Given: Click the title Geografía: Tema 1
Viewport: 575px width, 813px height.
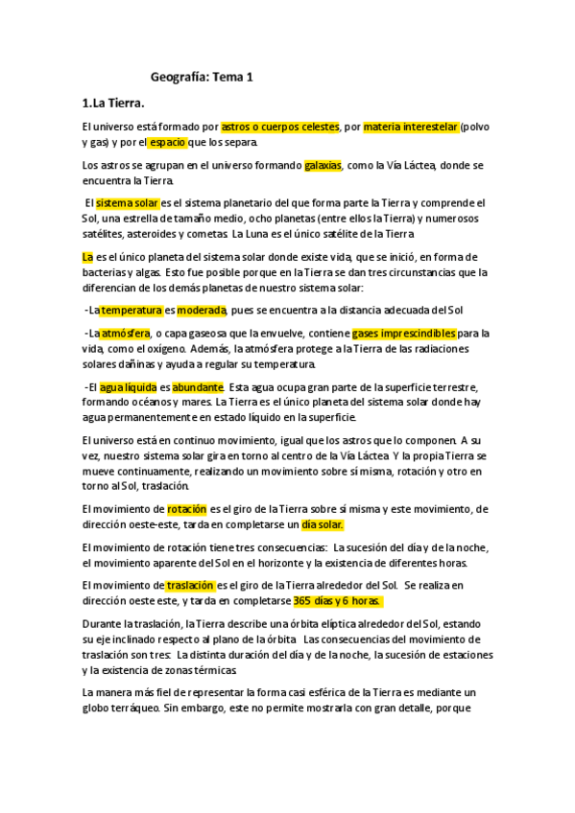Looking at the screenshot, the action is (202, 77).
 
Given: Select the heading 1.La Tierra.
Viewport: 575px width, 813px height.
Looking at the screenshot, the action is (113, 103).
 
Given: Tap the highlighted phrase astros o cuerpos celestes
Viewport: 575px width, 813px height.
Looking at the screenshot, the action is (280, 127).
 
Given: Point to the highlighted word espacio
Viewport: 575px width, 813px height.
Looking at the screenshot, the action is (168, 143).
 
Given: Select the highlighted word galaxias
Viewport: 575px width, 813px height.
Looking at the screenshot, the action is (323, 165).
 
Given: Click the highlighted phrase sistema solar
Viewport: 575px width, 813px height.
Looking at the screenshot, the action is (128, 203).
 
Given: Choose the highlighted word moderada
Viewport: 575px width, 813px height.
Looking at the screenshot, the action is (201, 310).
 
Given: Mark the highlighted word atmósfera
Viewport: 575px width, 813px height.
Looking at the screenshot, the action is (126, 334).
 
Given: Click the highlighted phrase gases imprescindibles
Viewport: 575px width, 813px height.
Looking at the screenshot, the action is (403, 334).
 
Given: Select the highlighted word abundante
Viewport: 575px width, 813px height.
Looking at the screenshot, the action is (197, 387).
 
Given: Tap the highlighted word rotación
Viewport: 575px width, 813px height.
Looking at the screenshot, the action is (187, 509).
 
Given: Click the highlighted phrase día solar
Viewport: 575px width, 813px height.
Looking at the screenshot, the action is (323, 524).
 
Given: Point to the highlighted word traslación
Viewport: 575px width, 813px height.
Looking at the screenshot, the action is (190, 585).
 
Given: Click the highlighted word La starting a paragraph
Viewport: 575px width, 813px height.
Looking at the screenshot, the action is (87, 257).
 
